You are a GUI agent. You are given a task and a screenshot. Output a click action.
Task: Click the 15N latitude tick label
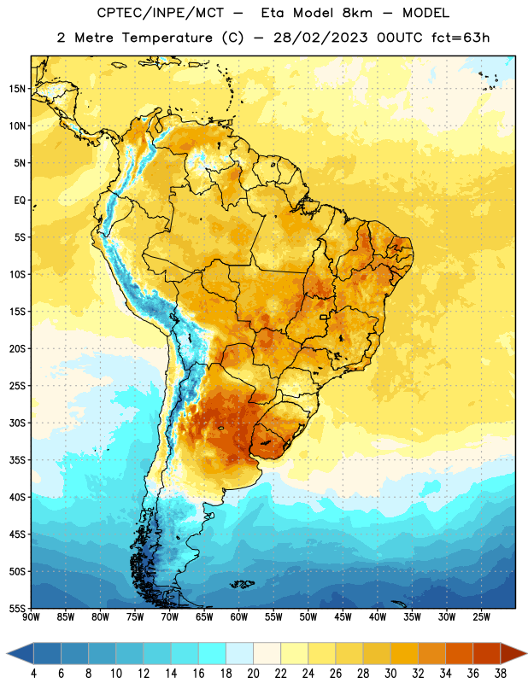(17, 89)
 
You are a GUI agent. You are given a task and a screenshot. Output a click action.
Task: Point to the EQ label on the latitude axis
(20, 201)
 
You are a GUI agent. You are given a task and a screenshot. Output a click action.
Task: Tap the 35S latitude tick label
(17, 460)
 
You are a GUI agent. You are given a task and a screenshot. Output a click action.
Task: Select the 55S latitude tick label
(17, 608)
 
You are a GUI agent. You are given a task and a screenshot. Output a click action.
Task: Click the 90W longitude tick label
(31, 617)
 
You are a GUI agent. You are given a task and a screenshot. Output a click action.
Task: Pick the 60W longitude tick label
(239, 617)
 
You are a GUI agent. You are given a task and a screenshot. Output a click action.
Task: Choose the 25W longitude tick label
(481, 617)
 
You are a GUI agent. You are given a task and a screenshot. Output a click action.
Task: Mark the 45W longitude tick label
(343, 617)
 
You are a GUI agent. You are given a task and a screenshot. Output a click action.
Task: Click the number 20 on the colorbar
(253, 674)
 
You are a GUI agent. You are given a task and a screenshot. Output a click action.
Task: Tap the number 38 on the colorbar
(501, 674)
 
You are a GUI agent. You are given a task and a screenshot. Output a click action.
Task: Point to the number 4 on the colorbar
(33, 674)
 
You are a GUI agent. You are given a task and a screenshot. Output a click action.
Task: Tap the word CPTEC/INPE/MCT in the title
(160, 13)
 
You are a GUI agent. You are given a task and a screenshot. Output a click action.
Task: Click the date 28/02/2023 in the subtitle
(320, 38)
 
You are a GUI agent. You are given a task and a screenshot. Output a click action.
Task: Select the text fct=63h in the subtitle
(461, 38)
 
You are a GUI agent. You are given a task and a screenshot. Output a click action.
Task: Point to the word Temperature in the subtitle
(167, 38)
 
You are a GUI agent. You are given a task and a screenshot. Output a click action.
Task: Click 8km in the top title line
(357, 13)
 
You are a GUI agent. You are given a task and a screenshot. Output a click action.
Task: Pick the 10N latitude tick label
(17, 126)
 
